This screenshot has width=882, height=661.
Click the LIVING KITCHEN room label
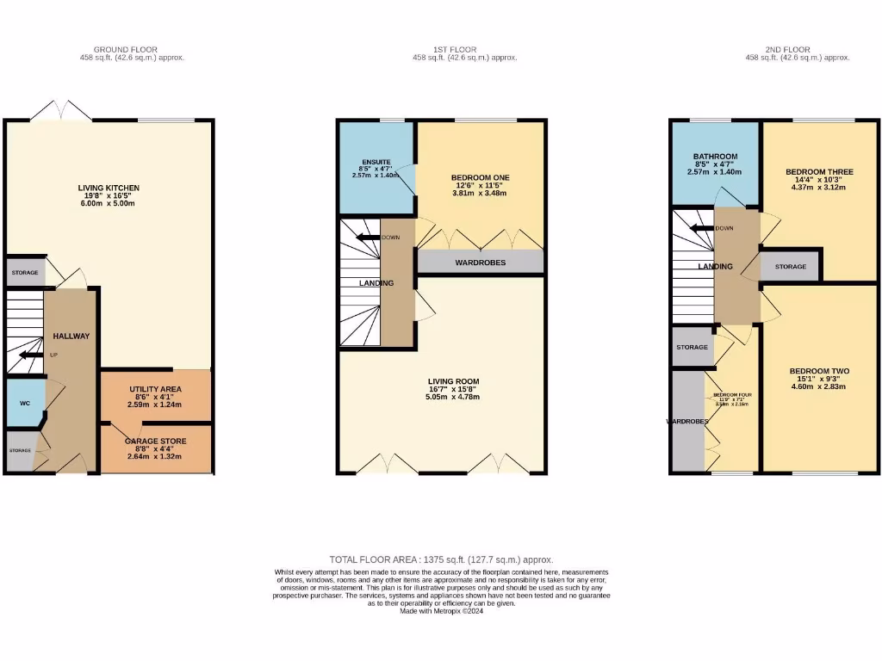pos(109,188)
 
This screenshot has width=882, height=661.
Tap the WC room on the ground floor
pos(25,402)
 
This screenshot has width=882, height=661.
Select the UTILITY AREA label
pos(156,390)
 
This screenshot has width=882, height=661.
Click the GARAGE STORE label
pos(156,440)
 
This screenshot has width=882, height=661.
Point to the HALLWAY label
pos(71,336)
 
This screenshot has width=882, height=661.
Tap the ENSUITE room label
pos(376,161)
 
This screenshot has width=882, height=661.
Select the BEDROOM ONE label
pos(481,177)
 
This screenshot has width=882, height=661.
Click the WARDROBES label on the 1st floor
pos(480,263)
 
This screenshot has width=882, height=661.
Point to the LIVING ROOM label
pos(454,380)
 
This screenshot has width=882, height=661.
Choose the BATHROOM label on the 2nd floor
pos(715,157)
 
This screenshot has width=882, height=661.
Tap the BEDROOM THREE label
pos(819,172)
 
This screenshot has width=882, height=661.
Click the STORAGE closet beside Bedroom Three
pos(790,267)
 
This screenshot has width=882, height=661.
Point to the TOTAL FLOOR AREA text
pos(441,559)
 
